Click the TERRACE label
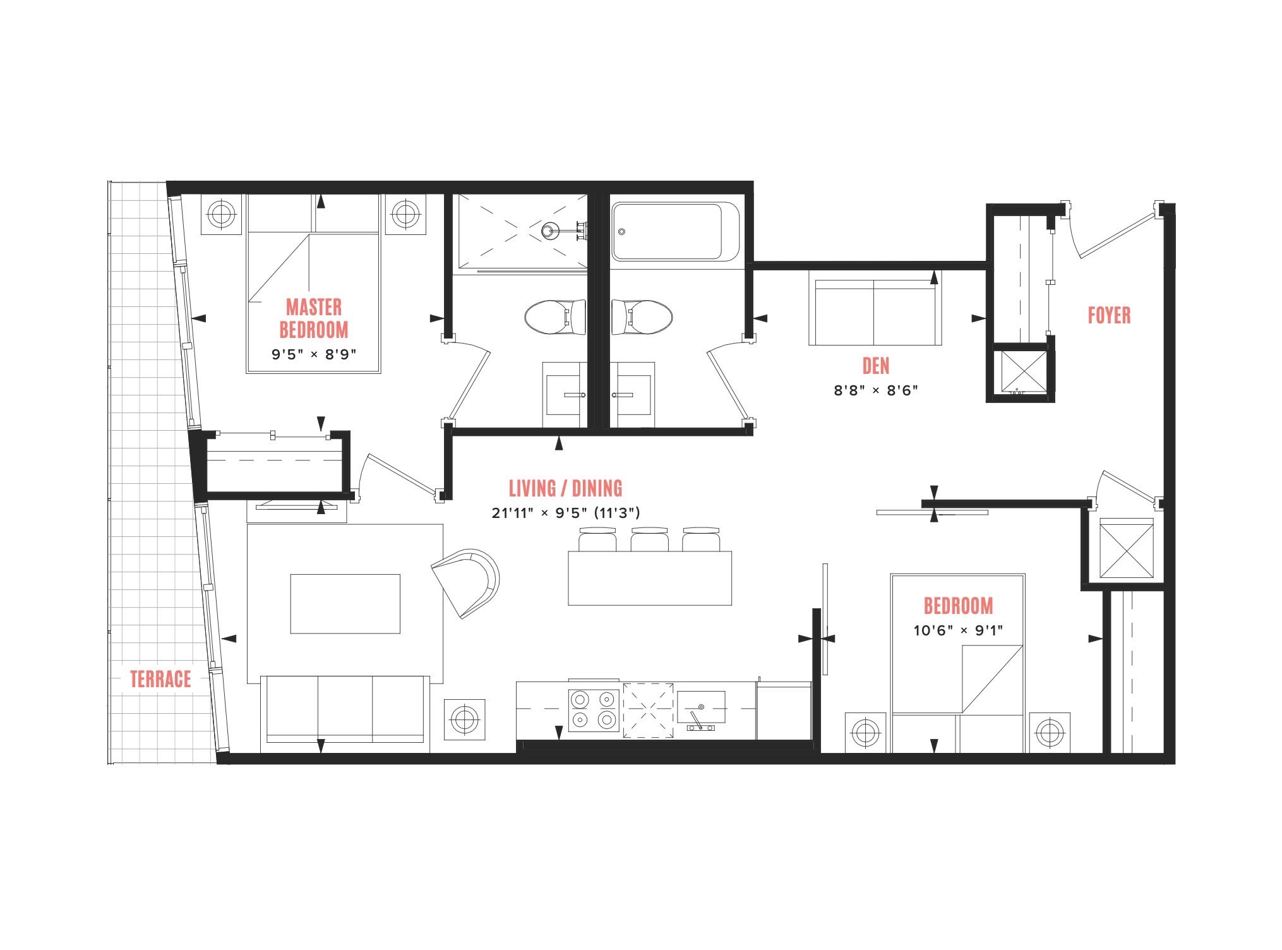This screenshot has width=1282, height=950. (x=160, y=679)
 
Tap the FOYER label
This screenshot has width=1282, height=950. (x=1109, y=315)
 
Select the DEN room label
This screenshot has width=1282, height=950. (x=876, y=366)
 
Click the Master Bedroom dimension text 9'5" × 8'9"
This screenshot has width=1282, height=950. (x=314, y=354)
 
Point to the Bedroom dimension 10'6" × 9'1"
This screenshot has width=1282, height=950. (x=958, y=630)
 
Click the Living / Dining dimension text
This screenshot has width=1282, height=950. (x=566, y=513)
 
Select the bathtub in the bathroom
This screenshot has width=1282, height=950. (x=675, y=232)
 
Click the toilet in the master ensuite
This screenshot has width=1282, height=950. (x=555, y=318)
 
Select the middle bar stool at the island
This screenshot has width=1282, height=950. (x=649, y=539)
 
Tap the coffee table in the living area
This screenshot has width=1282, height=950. (x=345, y=603)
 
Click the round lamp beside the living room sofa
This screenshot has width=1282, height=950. (x=464, y=719)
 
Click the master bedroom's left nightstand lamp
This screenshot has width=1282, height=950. (x=221, y=214)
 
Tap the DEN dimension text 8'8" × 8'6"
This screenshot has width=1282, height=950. (x=875, y=390)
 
